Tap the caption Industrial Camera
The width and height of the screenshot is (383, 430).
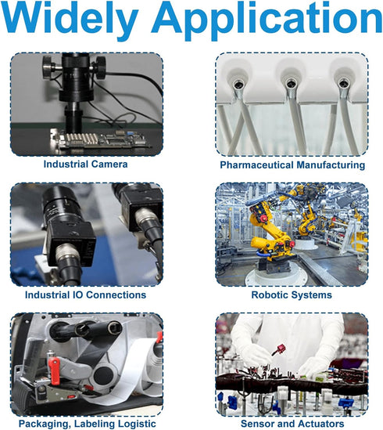point(85,164)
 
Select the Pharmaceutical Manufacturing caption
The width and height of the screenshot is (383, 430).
point(292,164)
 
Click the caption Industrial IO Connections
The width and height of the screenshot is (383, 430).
point(85,294)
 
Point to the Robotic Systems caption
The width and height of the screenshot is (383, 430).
point(292,294)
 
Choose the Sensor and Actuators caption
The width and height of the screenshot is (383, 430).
point(292,424)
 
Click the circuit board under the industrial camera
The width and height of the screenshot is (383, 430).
point(102,139)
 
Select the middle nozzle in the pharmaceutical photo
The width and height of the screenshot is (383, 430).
point(290,83)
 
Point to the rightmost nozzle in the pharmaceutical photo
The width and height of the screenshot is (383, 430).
point(342,83)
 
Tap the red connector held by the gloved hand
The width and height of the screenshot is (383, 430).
point(279,350)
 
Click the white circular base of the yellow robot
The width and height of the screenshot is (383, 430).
point(276,274)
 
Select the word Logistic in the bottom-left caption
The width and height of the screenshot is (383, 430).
point(136,424)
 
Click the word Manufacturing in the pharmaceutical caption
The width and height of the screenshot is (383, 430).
point(331,164)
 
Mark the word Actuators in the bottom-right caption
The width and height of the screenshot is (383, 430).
point(317,424)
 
